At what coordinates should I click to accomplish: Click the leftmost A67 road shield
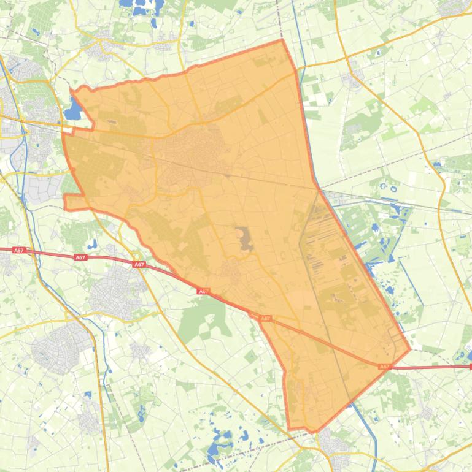click(x=19, y=250)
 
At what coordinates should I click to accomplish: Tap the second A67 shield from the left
click(x=80, y=257)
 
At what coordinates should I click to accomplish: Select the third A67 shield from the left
click(x=139, y=265)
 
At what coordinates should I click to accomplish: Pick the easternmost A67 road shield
click(x=384, y=367)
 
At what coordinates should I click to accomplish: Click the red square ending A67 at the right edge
click(x=470, y=367)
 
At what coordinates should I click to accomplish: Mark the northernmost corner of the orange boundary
click(x=282, y=40)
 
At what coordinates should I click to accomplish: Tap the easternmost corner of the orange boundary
click(x=409, y=350)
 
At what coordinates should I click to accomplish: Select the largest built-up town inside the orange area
click(x=187, y=153)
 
